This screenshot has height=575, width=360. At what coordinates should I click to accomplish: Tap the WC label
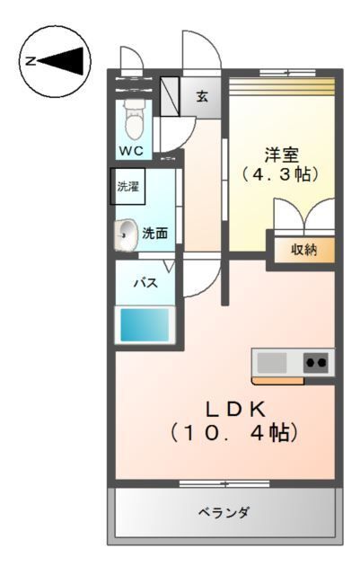[x=131, y=149]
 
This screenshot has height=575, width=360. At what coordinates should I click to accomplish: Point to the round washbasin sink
[x=125, y=234]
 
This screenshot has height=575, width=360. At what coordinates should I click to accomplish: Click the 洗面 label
[x=154, y=234]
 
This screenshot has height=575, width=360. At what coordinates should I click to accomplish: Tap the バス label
[x=146, y=282]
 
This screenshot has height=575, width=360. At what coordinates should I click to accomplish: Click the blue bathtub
[x=146, y=324]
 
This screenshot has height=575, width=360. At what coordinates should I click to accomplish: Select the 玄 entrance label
[x=203, y=95]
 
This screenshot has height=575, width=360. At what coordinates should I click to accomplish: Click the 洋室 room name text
[x=280, y=152]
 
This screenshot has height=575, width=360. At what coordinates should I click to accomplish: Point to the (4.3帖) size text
[x=280, y=174]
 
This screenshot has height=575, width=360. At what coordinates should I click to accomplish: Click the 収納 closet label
[x=303, y=249]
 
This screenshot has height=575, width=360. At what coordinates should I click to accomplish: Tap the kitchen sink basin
[x=273, y=362]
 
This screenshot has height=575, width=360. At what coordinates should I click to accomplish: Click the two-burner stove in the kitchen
[x=316, y=362]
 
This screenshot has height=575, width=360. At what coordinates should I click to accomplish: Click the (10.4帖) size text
[x=233, y=433]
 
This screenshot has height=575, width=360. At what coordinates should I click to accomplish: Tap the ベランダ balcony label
[x=224, y=512]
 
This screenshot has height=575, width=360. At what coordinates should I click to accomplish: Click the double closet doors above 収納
[x=304, y=218]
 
